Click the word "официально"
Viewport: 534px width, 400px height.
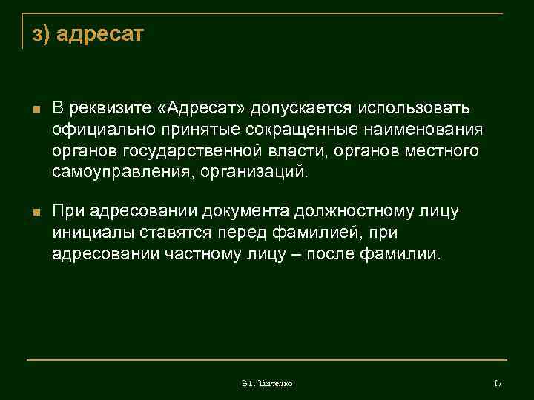pos(101,130)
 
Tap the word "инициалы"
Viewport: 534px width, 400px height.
pos(90,233)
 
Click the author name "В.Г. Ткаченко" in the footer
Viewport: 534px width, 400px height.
pos(267,383)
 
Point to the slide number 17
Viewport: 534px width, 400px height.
pos(498,383)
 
